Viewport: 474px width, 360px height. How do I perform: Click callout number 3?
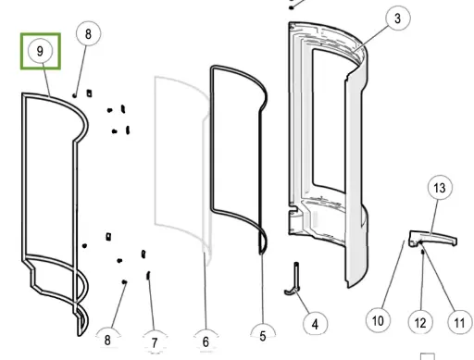coord(398,19)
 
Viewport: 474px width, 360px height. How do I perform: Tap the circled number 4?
coord(315,324)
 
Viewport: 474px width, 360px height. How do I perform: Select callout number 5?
coord(263,335)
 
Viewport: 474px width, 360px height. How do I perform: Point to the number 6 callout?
coord(206,341)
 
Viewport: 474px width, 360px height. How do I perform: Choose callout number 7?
coord(155,341)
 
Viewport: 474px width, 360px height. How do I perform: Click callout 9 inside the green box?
coord(40,51)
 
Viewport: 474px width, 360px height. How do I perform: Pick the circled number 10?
coord(378,320)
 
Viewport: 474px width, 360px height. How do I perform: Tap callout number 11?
coord(459,323)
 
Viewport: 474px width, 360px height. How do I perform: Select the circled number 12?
coord(420,323)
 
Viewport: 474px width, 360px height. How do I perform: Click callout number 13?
coord(440,187)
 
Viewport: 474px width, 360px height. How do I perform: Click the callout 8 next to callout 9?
coord(88,33)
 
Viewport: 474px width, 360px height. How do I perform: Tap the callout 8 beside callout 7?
coord(107,340)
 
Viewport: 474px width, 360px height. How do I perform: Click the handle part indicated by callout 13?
coord(432,238)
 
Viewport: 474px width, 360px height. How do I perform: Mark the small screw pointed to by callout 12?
coord(423,253)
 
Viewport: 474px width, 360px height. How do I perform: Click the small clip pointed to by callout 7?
coord(148,275)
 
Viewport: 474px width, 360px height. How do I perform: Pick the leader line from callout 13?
coord(433,217)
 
